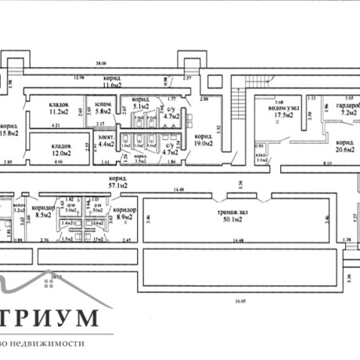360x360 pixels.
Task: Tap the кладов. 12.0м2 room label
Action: pyautogui.click(x=61, y=149)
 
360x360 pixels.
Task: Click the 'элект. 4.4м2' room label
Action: pyautogui.click(x=106, y=141)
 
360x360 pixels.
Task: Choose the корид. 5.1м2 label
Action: pyautogui.click(x=141, y=103)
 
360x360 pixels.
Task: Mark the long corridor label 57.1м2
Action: pyautogui.click(x=119, y=183)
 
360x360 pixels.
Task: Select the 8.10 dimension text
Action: pyautogui.click(x=304, y=161)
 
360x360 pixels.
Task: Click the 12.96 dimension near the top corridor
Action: pyautogui.click(x=78, y=77)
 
